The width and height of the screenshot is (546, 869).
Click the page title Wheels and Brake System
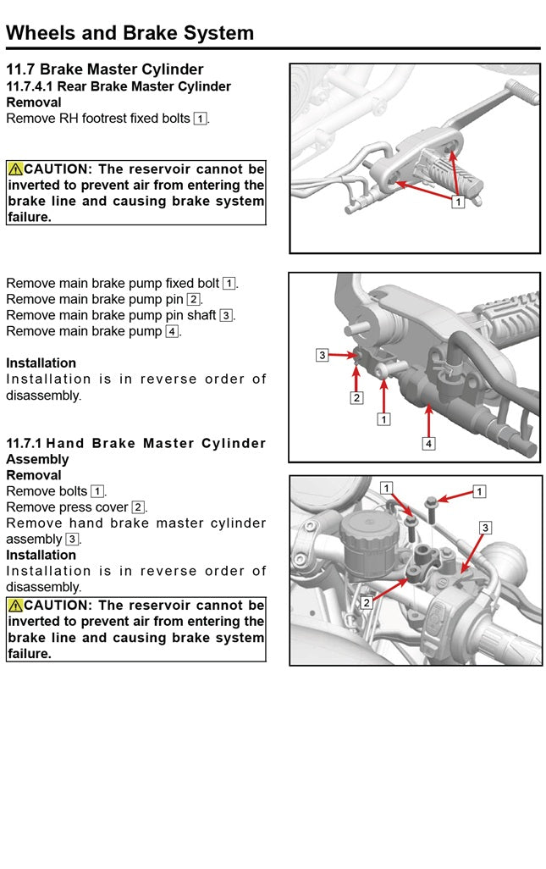click(x=130, y=33)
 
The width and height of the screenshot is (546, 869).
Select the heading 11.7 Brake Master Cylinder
click(x=105, y=69)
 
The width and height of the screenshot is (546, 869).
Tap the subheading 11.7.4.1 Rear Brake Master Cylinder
click(x=119, y=86)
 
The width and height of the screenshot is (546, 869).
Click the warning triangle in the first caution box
click(x=15, y=169)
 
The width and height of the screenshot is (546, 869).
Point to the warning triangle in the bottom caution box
click(x=15, y=606)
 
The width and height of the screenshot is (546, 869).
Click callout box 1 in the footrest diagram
click(x=457, y=202)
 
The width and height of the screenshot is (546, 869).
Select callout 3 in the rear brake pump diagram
click(x=322, y=356)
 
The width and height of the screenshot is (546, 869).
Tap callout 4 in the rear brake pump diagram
click(x=429, y=443)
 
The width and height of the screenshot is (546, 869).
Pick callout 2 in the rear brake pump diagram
click(x=356, y=397)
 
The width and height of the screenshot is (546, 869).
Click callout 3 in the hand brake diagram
click(x=485, y=528)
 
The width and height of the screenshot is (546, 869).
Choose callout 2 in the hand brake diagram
click(x=367, y=603)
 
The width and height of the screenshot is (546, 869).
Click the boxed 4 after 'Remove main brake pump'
click(x=172, y=331)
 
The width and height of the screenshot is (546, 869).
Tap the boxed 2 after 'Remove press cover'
click(x=138, y=507)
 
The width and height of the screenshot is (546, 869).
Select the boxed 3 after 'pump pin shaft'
click(x=226, y=315)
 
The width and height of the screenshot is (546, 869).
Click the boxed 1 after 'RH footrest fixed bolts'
click(x=200, y=119)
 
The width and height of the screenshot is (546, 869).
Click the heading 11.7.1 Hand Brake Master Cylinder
click(x=135, y=443)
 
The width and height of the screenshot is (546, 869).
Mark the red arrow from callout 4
click(x=429, y=421)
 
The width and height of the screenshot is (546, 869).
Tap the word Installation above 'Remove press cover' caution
click(x=41, y=555)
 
